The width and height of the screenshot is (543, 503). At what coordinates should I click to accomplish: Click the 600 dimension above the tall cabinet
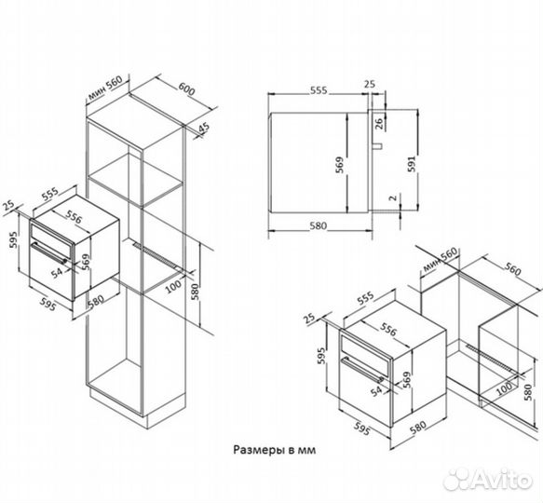(186, 89)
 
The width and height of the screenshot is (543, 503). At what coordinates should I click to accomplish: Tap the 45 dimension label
(204, 127)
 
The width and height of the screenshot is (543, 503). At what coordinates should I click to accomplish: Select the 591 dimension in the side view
(411, 164)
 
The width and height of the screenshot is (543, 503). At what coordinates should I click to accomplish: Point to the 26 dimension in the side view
(379, 124)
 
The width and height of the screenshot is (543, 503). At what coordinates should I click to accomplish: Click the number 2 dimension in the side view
(393, 197)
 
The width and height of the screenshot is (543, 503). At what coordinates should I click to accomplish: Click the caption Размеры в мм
(274, 450)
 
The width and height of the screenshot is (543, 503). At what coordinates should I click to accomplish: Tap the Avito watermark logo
(488, 480)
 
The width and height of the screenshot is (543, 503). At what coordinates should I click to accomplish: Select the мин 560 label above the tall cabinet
(105, 88)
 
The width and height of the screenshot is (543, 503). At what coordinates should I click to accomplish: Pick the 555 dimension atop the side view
(319, 90)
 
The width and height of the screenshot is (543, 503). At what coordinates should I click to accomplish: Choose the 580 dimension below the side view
(318, 225)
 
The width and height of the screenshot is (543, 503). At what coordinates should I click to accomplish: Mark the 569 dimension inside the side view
(340, 165)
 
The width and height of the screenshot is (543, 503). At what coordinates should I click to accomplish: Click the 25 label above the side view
(370, 84)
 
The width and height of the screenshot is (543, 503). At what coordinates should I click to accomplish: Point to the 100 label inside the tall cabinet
(173, 286)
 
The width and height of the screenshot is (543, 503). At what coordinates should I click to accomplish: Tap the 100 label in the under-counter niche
(504, 388)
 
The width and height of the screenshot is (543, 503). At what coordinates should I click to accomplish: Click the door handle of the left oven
(50, 253)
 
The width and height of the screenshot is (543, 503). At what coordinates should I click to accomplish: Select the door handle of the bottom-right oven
(362, 370)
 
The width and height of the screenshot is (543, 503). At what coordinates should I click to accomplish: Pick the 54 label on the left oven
(57, 273)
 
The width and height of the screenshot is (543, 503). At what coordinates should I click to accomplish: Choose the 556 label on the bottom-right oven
(387, 329)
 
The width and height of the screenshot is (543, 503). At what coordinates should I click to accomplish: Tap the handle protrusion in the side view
(378, 146)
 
